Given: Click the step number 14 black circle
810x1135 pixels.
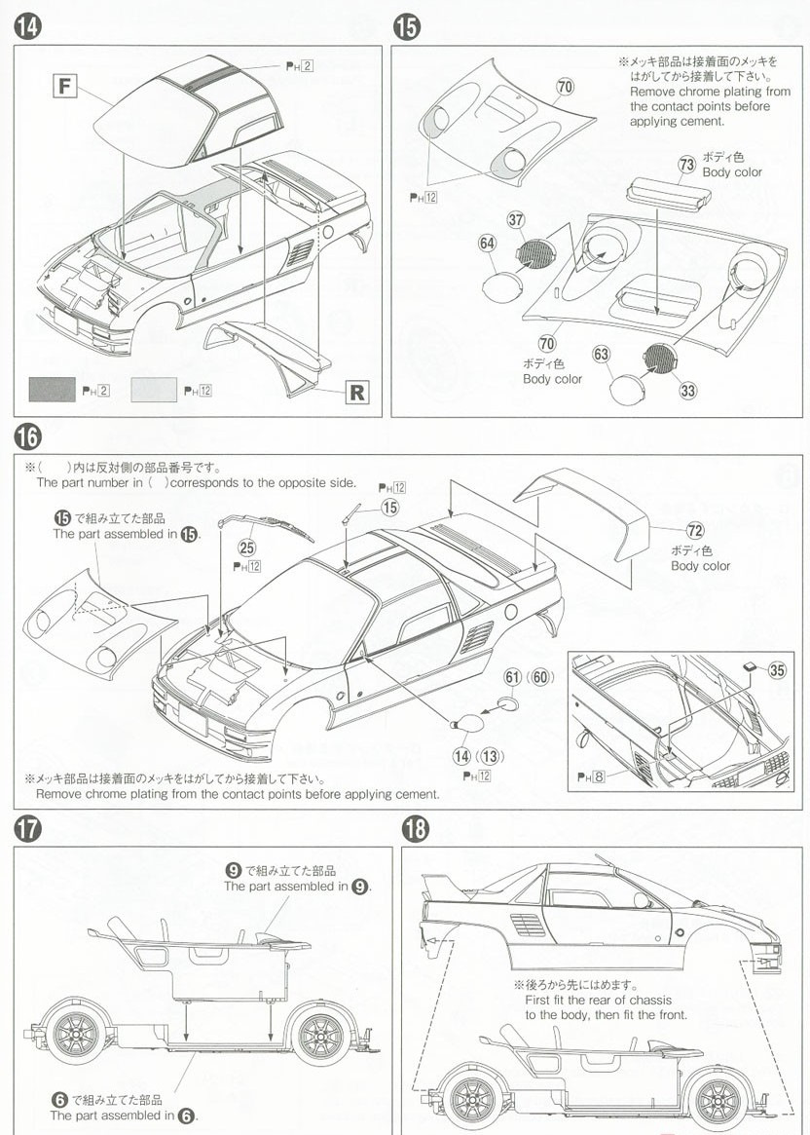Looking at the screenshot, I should tap(26, 27).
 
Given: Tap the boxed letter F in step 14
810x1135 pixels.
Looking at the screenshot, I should tap(64, 86).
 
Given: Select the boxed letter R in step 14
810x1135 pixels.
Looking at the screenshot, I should tap(356, 393).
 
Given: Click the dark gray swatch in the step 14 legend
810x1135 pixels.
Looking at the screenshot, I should tap(52, 391).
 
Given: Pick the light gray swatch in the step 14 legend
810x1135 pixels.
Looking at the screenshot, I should tap(153, 391).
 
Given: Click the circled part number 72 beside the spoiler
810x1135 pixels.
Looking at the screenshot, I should tap(694, 531).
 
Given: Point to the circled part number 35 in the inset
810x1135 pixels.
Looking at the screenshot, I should tap(777, 669).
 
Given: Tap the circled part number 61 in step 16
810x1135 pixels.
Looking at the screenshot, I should tap(512, 676).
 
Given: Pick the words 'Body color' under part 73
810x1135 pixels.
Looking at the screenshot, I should tap(732, 172).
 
